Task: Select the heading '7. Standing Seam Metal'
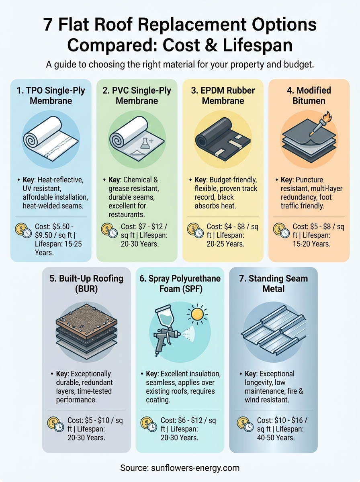(x=273, y=283)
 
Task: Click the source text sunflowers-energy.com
(x=180, y=468)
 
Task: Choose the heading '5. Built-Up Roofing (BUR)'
(x=86, y=283)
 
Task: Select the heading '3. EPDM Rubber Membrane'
(x=223, y=95)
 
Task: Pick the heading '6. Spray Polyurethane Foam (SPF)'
(x=180, y=283)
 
